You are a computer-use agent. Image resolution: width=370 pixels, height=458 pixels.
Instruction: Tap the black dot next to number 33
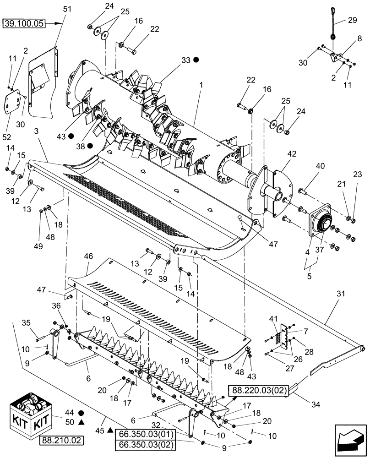click(x=196, y=60)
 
